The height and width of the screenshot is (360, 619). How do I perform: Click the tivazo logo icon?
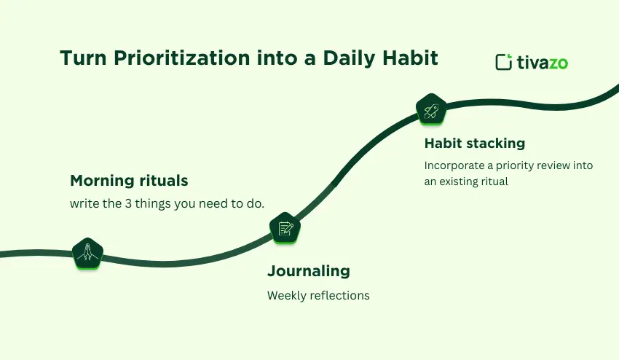click(x=503, y=63)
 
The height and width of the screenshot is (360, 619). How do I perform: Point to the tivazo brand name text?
click(x=543, y=63)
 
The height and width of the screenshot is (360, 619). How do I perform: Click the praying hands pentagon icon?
click(x=87, y=252)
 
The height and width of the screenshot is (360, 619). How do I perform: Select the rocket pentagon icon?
click(x=431, y=110)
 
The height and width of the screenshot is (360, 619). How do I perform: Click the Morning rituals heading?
click(x=129, y=180)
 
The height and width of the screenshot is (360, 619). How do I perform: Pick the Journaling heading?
click(x=308, y=271)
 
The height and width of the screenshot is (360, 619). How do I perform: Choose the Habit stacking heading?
click(x=474, y=143)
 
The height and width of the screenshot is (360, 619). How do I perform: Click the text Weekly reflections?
click(x=318, y=295)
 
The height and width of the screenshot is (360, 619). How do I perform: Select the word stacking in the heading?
click(x=497, y=143)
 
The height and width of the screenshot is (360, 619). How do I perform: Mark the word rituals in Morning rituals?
click(x=162, y=180)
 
